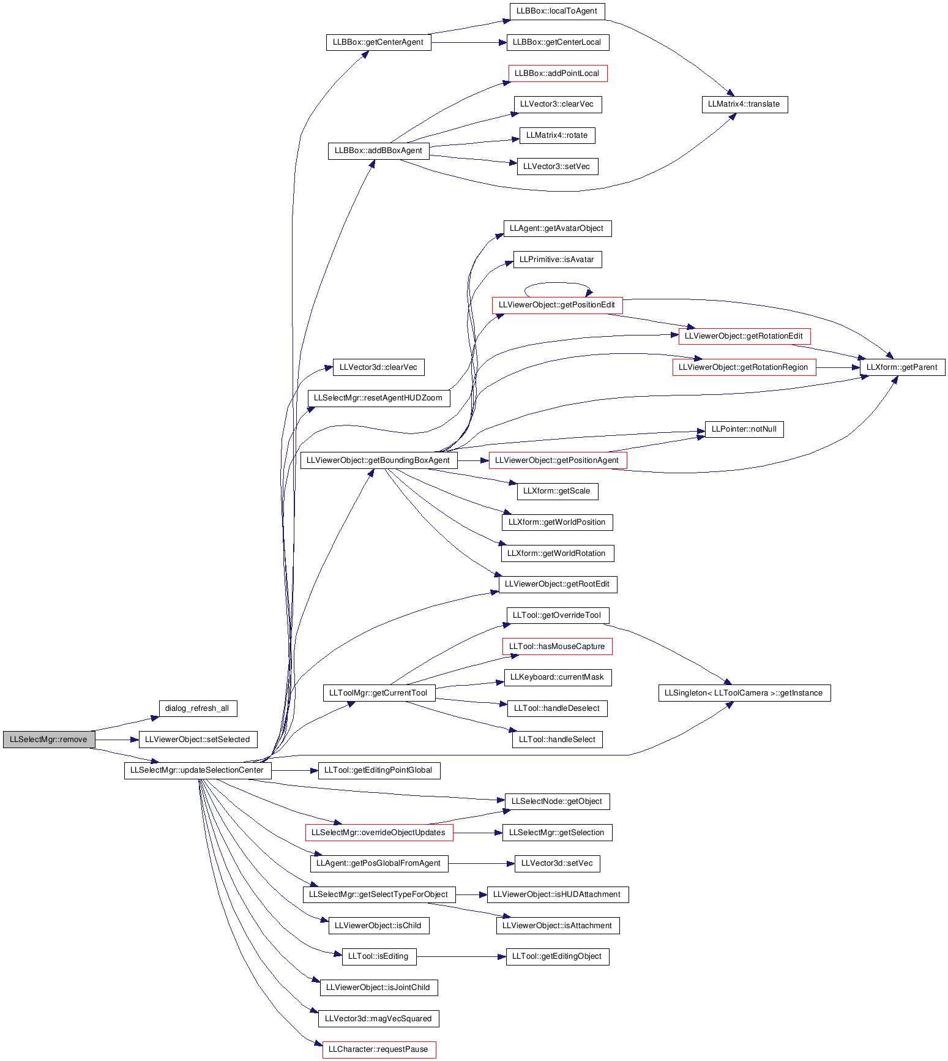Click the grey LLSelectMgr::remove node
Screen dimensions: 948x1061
point(49,739)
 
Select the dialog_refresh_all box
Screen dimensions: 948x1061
point(197,708)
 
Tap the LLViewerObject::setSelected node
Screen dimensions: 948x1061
point(198,739)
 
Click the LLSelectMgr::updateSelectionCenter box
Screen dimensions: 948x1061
point(197,770)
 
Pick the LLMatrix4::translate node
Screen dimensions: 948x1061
point(744,104)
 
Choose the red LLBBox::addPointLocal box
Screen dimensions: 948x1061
point(558,73)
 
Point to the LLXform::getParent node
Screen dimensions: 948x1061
point(902,367)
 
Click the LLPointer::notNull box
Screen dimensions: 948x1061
point(744,429)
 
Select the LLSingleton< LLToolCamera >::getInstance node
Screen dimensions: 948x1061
point(744,693)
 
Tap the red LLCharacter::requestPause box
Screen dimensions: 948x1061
point(379,1049)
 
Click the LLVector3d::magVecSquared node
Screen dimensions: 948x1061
point(379,1019)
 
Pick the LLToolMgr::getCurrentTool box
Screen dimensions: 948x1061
point(379,693)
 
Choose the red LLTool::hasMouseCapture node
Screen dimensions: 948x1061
point(557,647)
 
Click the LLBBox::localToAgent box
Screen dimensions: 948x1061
point(557,11)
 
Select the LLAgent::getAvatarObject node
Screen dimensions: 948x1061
point(557,228)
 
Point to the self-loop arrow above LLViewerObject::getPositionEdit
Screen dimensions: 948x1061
point(557,283)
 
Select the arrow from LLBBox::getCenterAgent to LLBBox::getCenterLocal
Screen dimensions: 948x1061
point(469,42)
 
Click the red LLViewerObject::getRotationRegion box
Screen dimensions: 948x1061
point(744,367)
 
